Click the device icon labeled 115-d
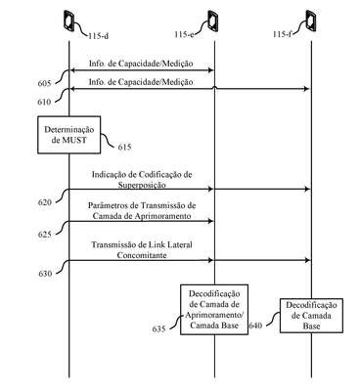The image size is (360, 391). point(69,22)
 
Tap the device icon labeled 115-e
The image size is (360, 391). point(213,22)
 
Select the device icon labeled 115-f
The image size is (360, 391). point(311,22)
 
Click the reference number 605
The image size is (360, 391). point(44,84)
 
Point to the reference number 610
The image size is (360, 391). point(44,102)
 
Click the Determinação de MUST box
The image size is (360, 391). point(69,135)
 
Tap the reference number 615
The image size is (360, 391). point(124,148)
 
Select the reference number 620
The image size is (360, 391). point(45,202)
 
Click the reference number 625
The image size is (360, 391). point(45,235)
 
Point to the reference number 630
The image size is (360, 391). point(45,274)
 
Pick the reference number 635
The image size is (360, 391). point(158,329)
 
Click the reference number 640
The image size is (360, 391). point(255,326)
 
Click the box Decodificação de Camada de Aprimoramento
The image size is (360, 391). point(214,310)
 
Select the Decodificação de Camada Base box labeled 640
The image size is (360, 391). point(311,316)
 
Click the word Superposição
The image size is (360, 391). point(142,186)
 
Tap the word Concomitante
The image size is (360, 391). point(142,255)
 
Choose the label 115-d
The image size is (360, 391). point(98,35)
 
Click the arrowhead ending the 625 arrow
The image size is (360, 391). point(211,221)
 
